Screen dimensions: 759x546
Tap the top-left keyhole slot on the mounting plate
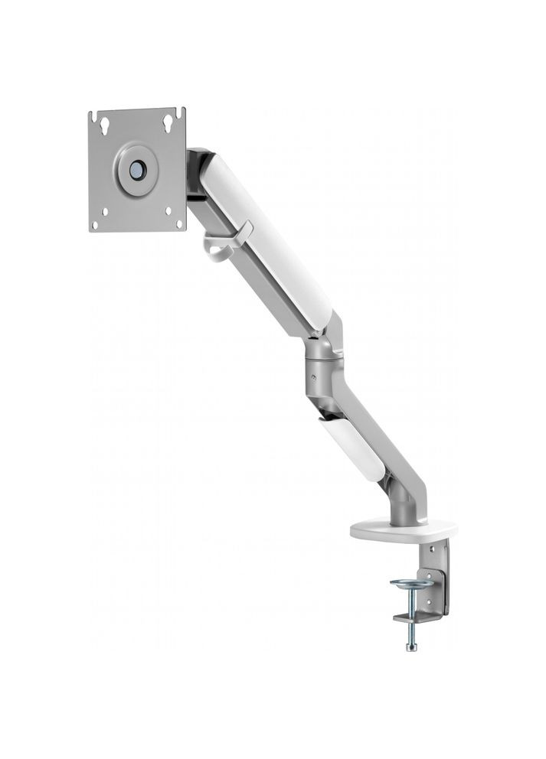[x=100, y=120]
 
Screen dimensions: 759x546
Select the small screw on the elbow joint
[x=312, y=376]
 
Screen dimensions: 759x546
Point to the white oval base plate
[x=403, y=529]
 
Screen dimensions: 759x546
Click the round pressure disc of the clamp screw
[x=411, y=584]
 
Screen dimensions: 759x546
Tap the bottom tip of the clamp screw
[x=412, y=647]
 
